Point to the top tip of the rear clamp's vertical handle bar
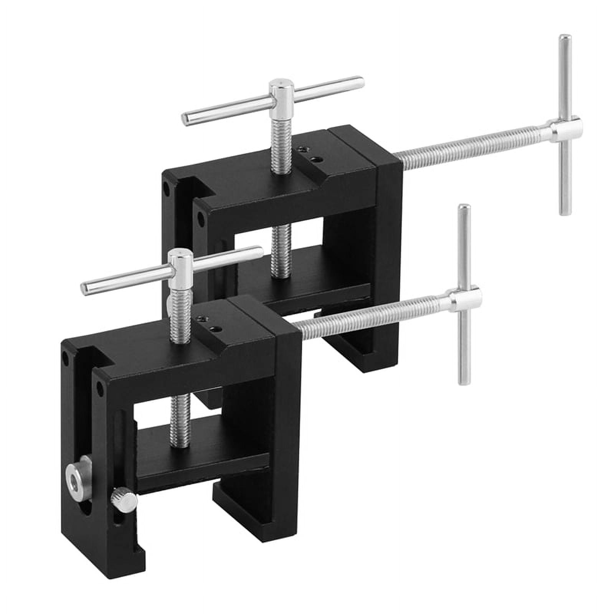(x=565, y=40)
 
